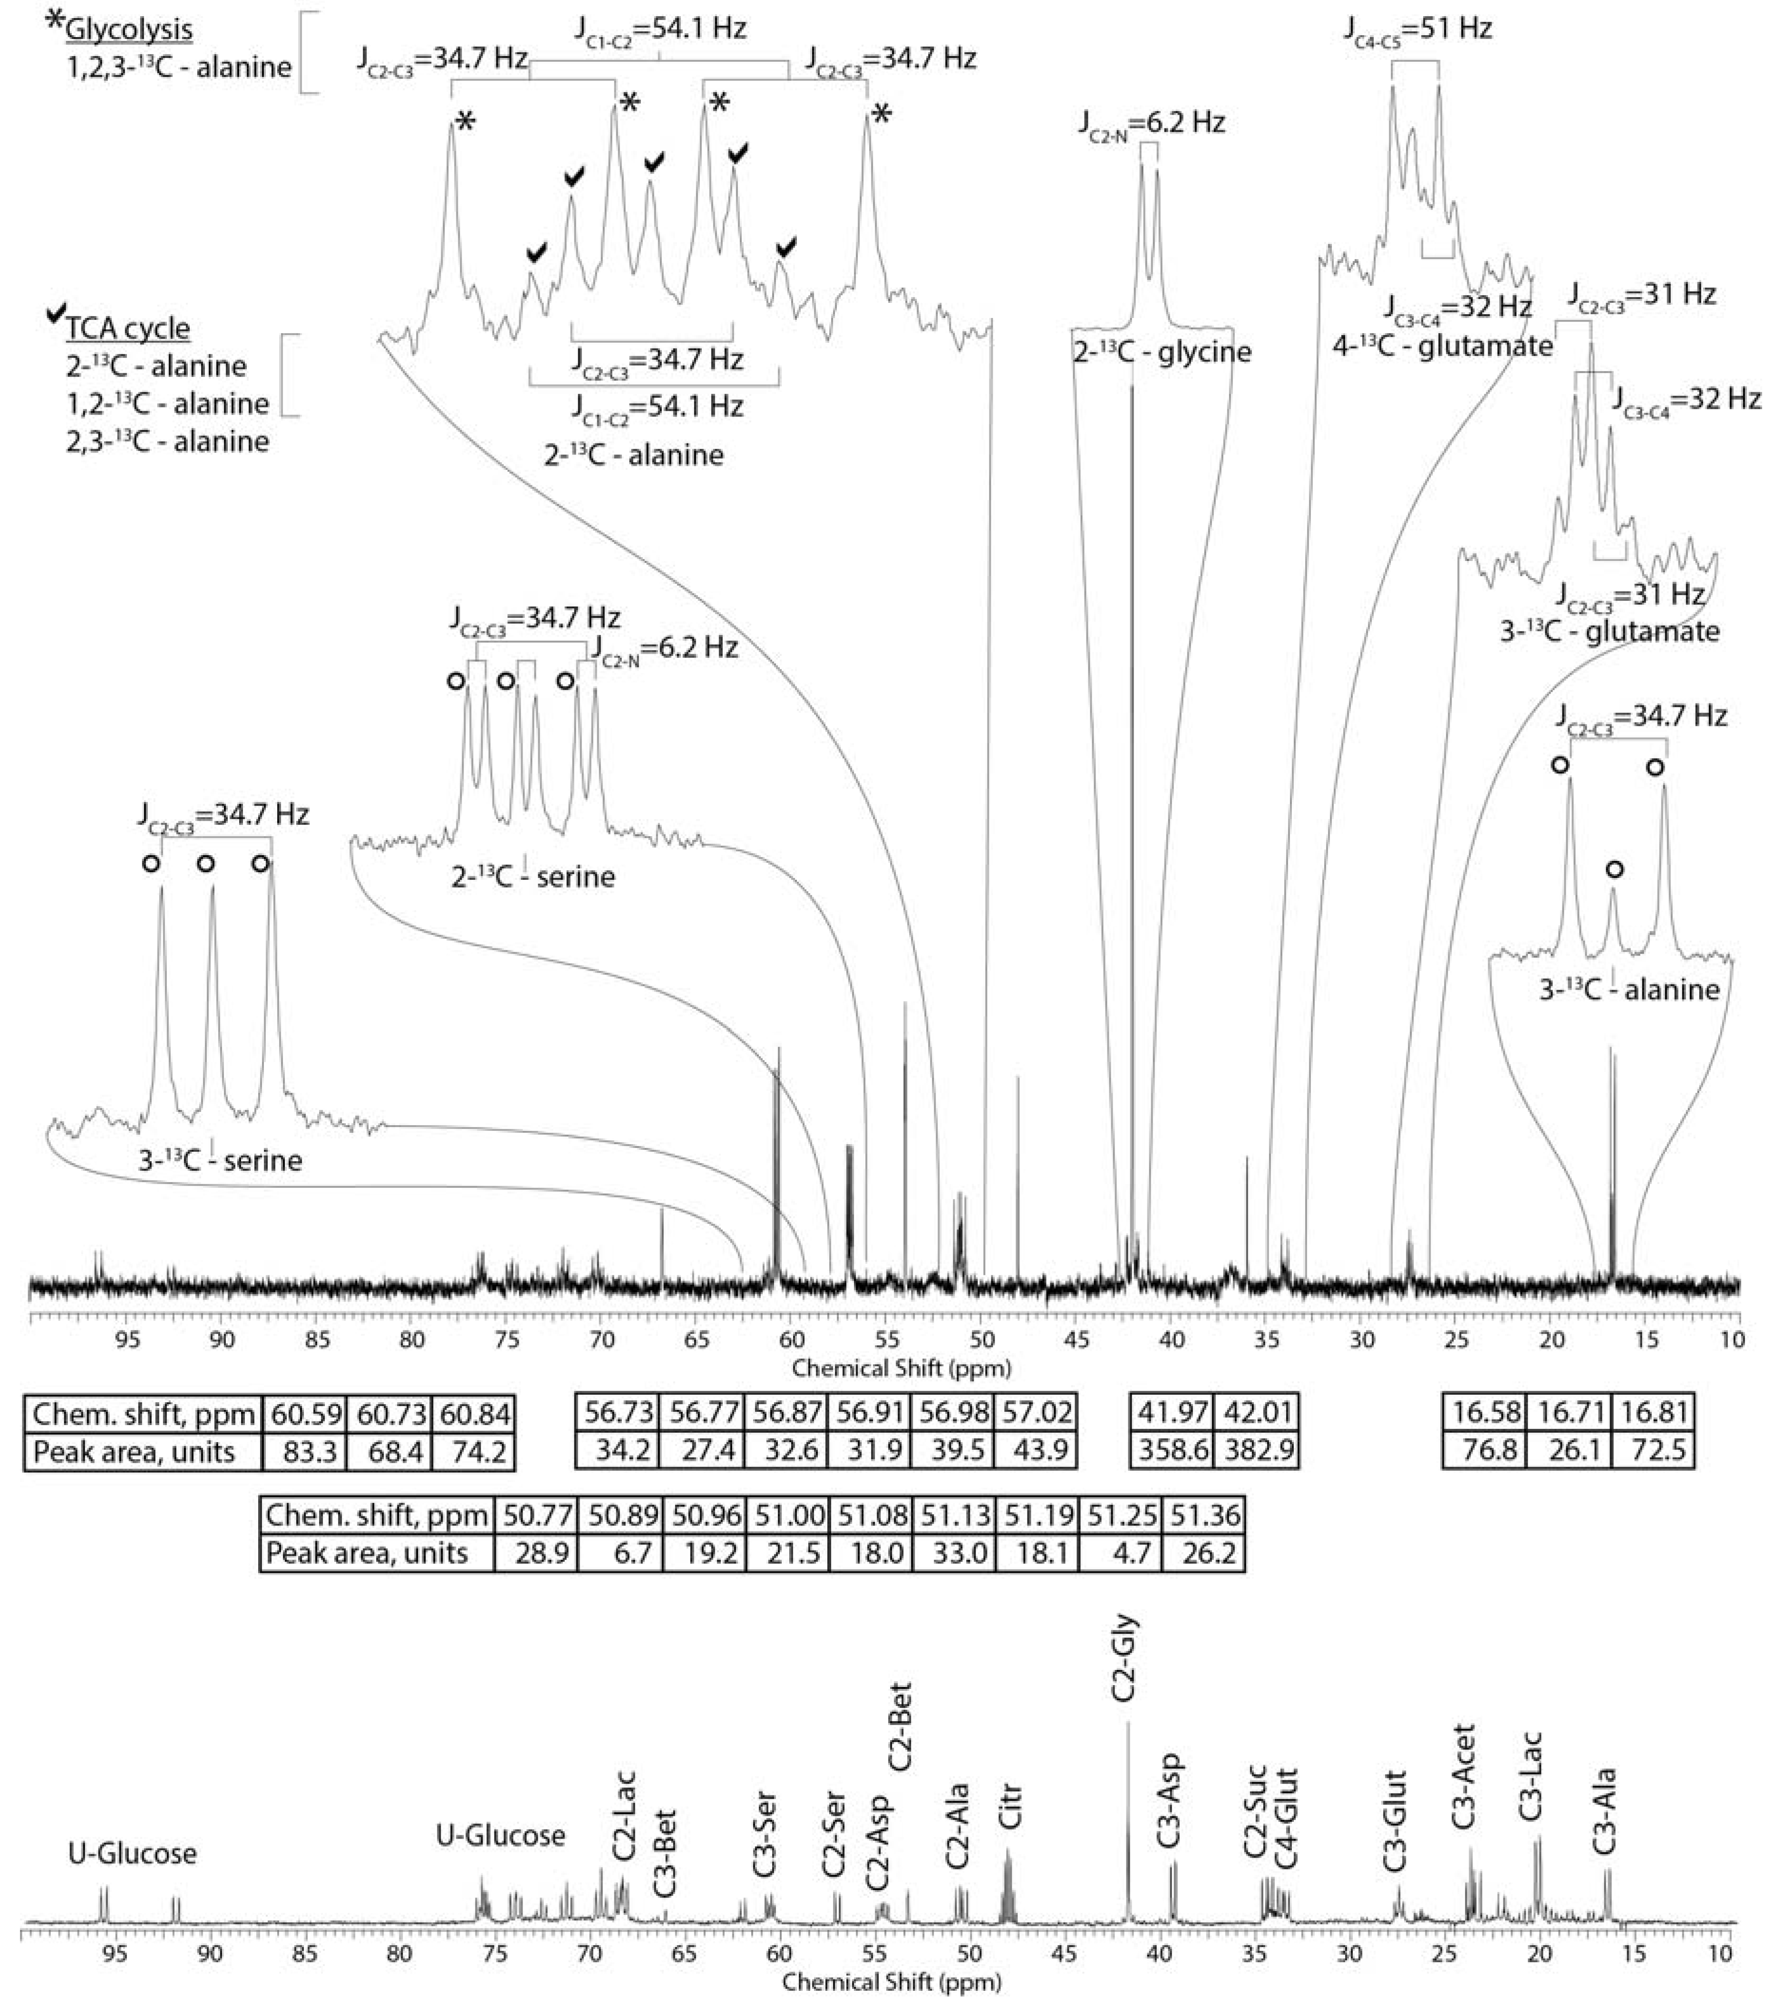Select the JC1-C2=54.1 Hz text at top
(659, 28)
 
